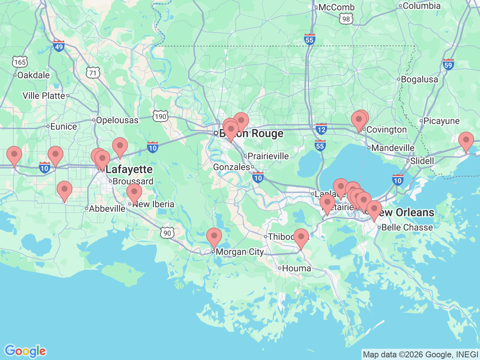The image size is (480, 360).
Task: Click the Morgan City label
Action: [x=240, y=252]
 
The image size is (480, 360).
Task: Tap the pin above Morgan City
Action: [x=214, y=237]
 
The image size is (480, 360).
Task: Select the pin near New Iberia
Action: [x=134, y=193]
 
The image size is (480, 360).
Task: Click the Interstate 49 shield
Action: [x=59, y=46]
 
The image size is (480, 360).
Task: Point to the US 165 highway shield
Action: [x=20, y=62]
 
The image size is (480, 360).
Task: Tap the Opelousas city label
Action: [x=117, y=120]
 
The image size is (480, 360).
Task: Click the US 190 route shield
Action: [x=160, y=116]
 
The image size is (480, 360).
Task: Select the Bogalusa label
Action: [x=419, y=79]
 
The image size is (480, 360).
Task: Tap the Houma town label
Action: [x=296, y=268]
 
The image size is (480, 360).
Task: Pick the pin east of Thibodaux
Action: [x=301, y=237]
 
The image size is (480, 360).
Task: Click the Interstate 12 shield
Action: [x=321, y=129]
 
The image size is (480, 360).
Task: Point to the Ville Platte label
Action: [x=44, y=96]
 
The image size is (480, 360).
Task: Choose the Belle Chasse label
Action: [x=407, y=227]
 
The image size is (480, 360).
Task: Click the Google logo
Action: [x=25, y=351]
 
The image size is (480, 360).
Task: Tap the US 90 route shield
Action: [x=167, y=233]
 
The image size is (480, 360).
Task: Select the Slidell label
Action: [x=422, y=161]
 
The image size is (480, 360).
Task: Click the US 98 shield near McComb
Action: [x=346, y=19]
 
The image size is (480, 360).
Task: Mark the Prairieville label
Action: [x=268, y=156]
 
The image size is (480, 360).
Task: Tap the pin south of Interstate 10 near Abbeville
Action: [x=64, y=190]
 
